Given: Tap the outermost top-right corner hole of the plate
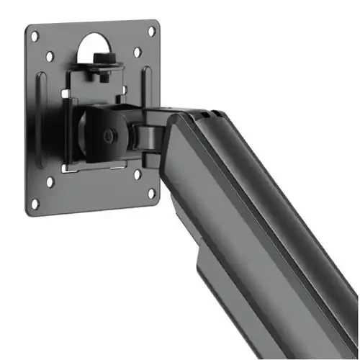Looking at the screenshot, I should [x=151, y=31].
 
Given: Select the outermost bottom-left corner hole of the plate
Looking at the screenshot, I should [x=34, y=203].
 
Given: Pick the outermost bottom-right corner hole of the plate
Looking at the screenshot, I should [x=152, y=192].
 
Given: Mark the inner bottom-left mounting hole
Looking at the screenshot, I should [x=50, y=181].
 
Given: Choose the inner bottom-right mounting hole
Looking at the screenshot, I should [x=137, y=174].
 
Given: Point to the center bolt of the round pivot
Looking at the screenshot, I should [x=109, y=135].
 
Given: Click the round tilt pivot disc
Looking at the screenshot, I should [x=101, y=133].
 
